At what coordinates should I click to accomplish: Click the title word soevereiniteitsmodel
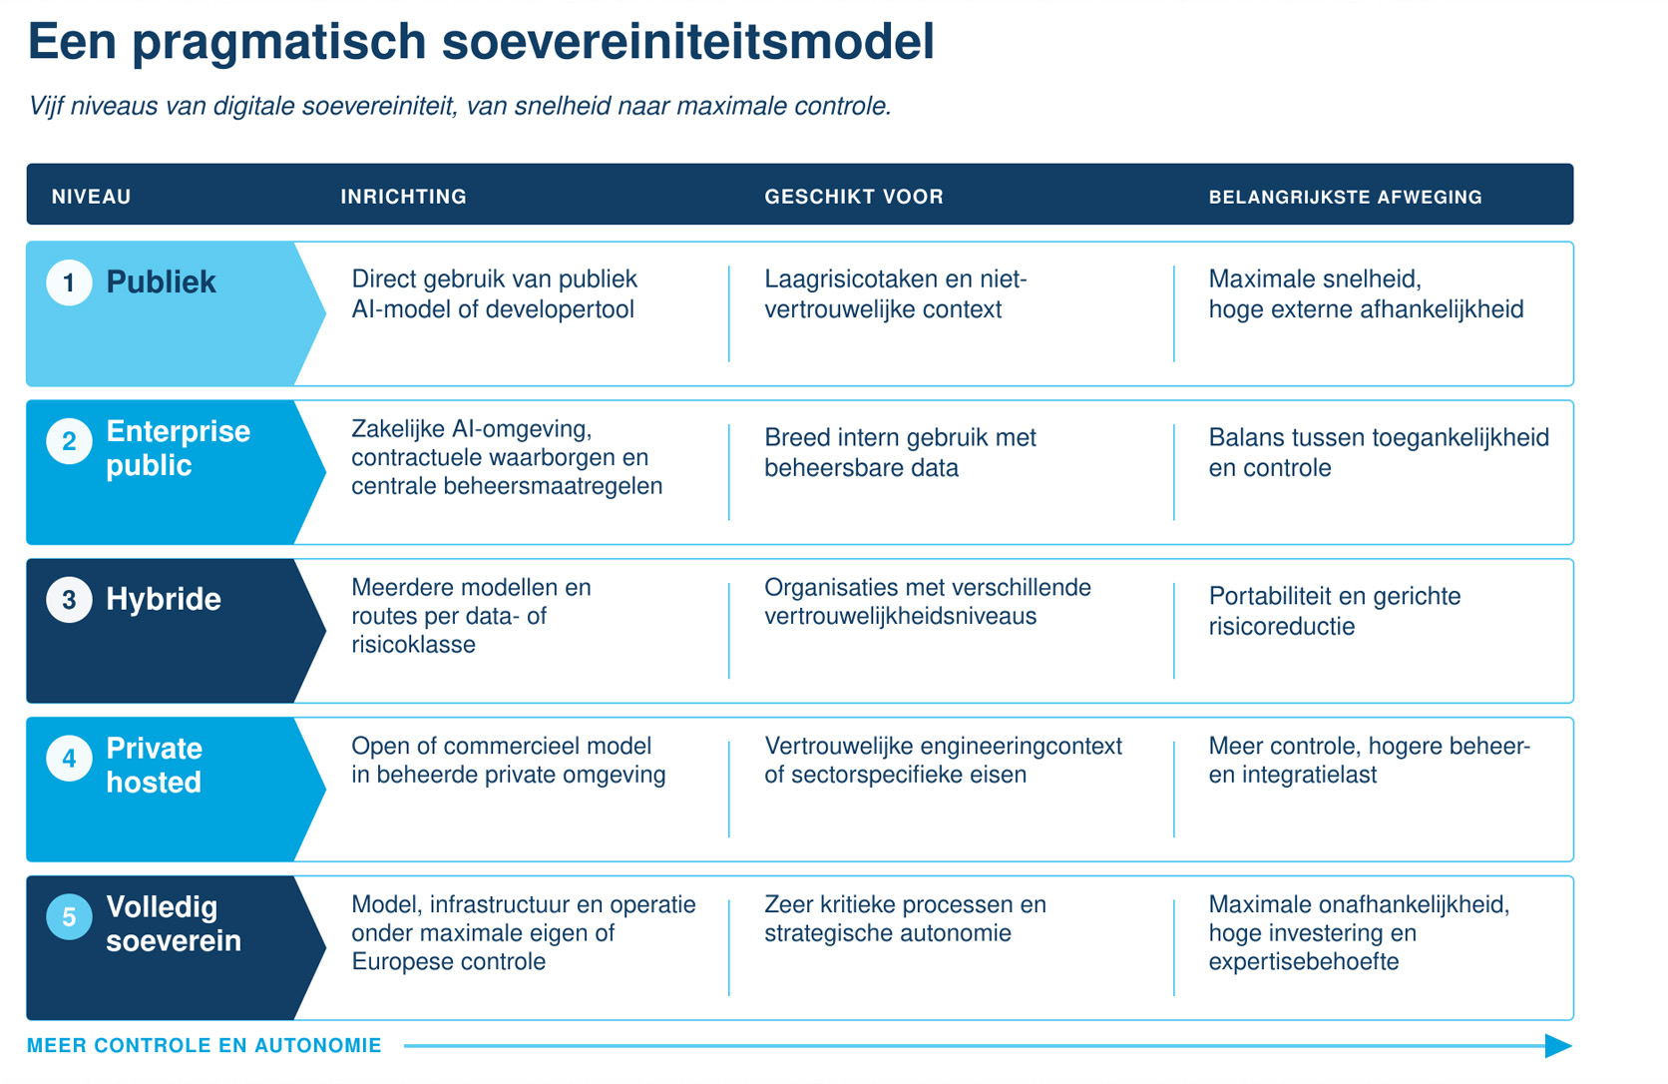tap(688, 41)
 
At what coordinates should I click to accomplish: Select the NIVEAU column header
tap(92, 197)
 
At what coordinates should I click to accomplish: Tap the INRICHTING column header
tap(404, 197)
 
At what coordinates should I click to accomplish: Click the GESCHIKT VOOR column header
tap(854, 197)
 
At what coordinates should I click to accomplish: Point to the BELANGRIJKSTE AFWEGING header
tap(1346, 197)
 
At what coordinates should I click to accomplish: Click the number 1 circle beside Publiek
tap(69, 282)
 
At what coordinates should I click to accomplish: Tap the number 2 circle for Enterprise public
tap(69, 441)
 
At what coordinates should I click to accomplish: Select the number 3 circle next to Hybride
tap(69, 599)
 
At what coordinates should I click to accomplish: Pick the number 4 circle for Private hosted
tap(69, 758)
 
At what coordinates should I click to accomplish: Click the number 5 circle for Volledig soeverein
tap(69, 916)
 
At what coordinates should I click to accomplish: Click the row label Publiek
tap(161, 282)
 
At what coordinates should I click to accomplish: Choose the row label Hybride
tap(164, 599)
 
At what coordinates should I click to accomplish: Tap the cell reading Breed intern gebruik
tap(900, 452)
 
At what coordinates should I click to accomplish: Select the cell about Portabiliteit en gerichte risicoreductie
tap(1335, 611)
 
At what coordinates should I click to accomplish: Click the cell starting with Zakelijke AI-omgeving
tap(507, 457)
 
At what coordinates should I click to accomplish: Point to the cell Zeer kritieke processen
tap(905, 918)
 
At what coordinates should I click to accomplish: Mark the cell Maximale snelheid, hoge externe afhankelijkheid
tap(1367, 293)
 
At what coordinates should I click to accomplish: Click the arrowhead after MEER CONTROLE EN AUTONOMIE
tap(1558, 1046)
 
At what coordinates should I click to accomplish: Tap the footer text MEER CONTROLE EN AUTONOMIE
tap(205, 1045)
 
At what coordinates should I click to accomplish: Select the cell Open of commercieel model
tap(509, 760)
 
